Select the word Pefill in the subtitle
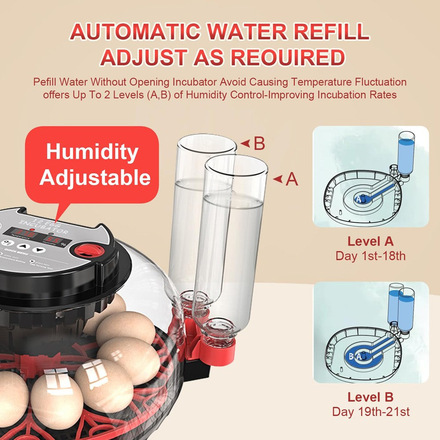[x=47, y=82]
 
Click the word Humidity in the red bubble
[x=92, y=152]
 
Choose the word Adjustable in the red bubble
[x=95, y=177]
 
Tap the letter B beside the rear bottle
[x=259, y=144]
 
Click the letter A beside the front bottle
[x=292, y=180]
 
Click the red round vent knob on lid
[x=88, y=250]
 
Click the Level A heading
[x=370, y=242]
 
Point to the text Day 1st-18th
[x=370, y=256]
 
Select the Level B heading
[x=370, y=397]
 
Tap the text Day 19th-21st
[x=370, y=412]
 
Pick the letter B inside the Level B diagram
[x=351, y=356]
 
